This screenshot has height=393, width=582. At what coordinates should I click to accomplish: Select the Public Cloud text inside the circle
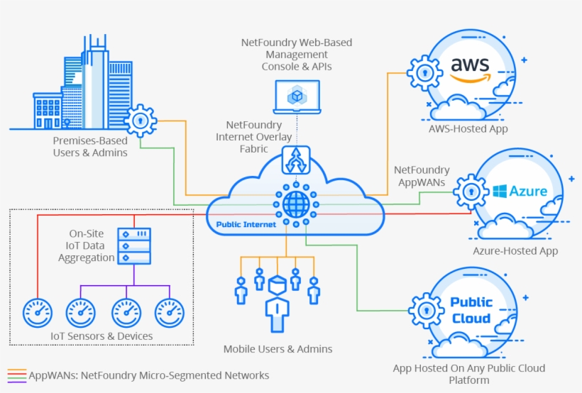click(471, 310)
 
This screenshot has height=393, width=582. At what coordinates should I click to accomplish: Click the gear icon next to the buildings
click(141, 121)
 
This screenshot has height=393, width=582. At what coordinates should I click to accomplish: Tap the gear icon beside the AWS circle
click(424, 73)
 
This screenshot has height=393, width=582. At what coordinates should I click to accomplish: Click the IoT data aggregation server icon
click(133, 245)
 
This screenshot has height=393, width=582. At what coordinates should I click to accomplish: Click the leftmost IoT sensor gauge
click(37, 311)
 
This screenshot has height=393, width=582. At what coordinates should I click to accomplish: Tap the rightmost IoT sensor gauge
click(170, 311)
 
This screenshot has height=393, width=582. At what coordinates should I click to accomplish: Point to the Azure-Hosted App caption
click(515, 250)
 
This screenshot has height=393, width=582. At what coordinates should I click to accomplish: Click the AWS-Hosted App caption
click(468, 128)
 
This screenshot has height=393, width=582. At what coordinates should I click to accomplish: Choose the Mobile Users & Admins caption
click(278, 348)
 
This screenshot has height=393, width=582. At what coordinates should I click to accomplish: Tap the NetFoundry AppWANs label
click(422, 175)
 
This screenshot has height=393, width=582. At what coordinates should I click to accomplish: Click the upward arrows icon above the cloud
click(296, 160)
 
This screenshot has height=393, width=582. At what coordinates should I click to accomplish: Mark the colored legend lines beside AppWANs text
click(17, 375)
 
